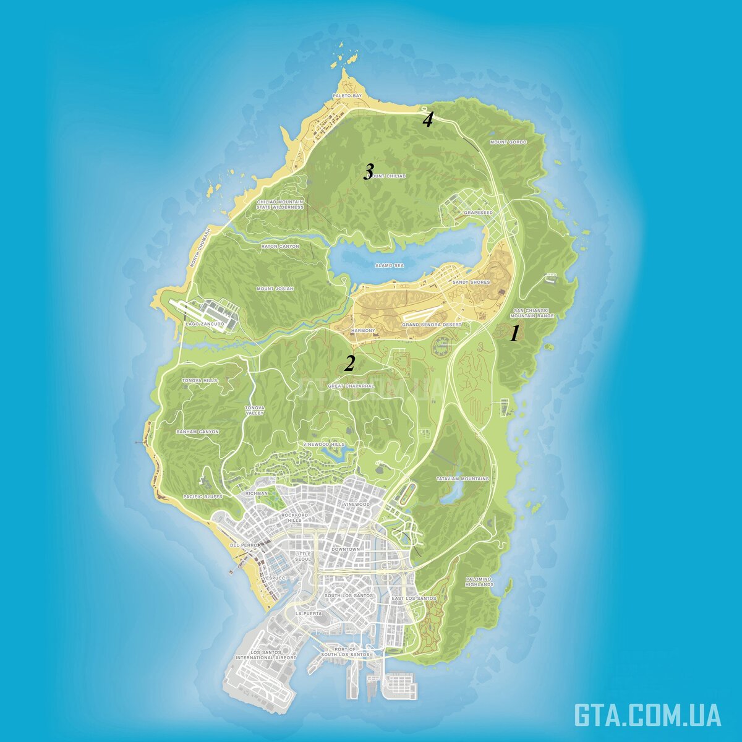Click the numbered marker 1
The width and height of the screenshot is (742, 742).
pyautogui.click(x=513, y=335)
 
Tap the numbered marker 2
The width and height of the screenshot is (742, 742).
pyautogui.click(x=349, y=364)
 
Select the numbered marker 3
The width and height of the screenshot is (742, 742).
pyautogui.click(x=369, y=171)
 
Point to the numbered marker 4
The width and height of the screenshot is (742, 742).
pyautogui.click(x=428, y=120)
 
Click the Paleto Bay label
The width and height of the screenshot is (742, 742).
pyautogui.click(x=347, y=96)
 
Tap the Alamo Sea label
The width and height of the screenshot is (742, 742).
pyautogui.click(x=390, y=265)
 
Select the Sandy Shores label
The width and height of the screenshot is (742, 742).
pyautogui.click(x=471, y=283)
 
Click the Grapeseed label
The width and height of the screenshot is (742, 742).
pyautogui.click(x=479, y=213)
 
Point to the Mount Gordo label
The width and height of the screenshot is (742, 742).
pyautogui.click(x=508, y=142)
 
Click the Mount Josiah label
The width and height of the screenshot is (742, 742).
pyautogui.click(x=275, y=289)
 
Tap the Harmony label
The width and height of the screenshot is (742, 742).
pyautogui.click(x=363, y=331)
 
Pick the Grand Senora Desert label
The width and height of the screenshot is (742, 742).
pyautogui.click(x=432, y=325)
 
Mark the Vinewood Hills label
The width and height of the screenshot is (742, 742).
pyautogui.click(x=324, y=445)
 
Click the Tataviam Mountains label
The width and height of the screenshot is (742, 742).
pyautogui.click(x=463, y=479)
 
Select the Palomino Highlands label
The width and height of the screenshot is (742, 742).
pyautogui.click(x=480, y=582)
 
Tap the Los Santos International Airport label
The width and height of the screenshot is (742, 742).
pyautogui.click(x=266, y=655)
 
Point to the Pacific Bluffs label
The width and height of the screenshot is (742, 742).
pyautogui.click(x=203, y=497)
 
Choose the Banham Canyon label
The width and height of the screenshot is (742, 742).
pyautogui.click(x=198, y=432)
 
